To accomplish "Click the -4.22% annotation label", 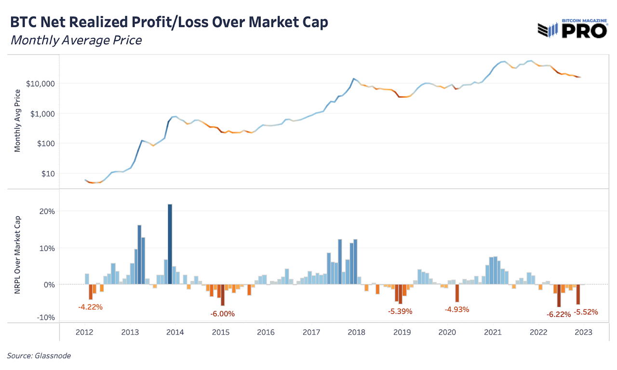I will click(x=90, y=306).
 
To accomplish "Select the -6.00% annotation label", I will click(x=222, y=314).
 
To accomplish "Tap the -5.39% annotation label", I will click(x=400, y=311).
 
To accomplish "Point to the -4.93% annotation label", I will click(x=456, y=309).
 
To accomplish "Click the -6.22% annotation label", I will click(x=559, y=314).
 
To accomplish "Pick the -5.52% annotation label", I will click(x=586, y=312).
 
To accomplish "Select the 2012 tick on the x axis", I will click(x=84, y=332).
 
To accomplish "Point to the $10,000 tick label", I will click(x=40, y=84).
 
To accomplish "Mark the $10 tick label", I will click(x=48, y=173).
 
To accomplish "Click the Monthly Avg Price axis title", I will click(x=18, y=121).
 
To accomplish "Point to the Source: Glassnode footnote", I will click(x=39, y=356).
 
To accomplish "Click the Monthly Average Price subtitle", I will click(x=76, y=40).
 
